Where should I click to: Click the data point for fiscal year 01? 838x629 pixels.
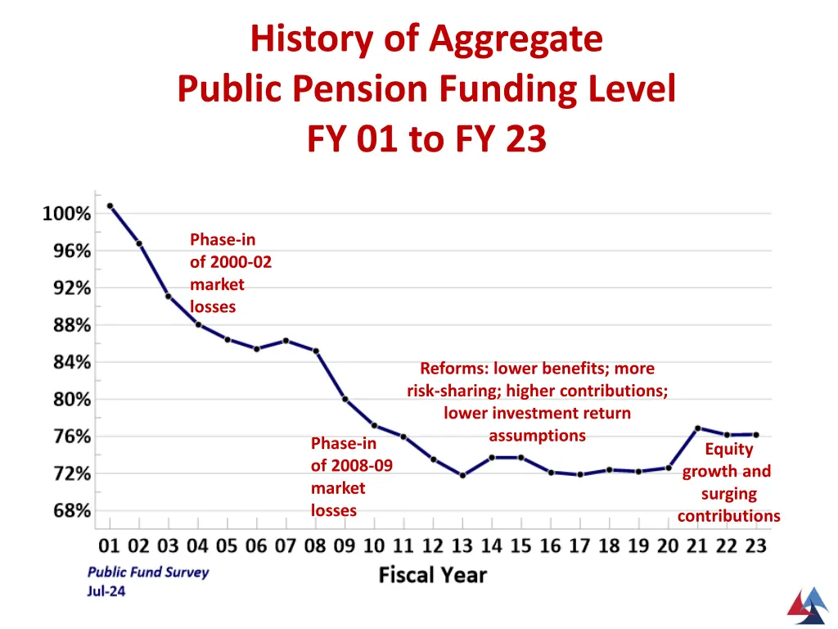pyautogui.click(x=110, y=206)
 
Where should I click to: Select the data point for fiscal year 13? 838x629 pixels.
pyautogui.click(x=462, y=475)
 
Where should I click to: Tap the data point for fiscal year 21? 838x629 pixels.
pyautogui.click(x=697, y=428)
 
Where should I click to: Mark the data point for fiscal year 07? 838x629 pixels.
pyautogui.click(x=286, y=341)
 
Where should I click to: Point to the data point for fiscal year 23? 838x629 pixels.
pyautogui.click(x=755, y=435)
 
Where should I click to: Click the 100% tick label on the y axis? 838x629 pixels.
pyautogui.click(x=67, y=214)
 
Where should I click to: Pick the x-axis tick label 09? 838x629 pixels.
pyautogui.click(x=345, y=545)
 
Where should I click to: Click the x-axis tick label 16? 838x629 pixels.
pyautogui.click(x=550, y=545)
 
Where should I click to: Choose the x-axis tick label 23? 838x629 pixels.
pyautogui.click(x=755, y=545)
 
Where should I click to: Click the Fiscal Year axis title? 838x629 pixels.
pyautogui.click(x=432, y=576)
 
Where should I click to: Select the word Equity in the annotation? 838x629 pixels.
pyautogui.click(x=728, y=449)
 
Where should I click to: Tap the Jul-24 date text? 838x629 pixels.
pyautogui.click(x=106, y=591)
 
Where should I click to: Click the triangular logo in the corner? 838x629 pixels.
pyautogui.click(x=807, y=604)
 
